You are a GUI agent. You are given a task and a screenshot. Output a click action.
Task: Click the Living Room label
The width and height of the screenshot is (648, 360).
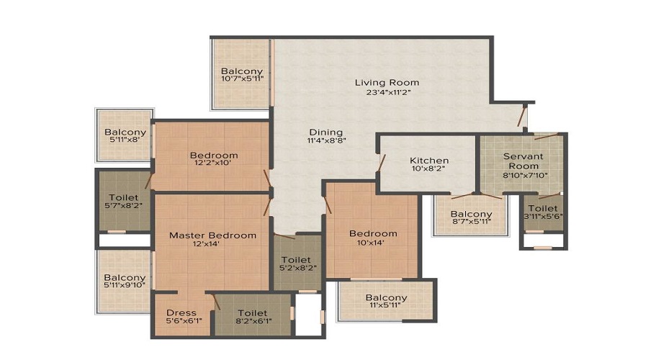pyautogui.click(x=387, y=82)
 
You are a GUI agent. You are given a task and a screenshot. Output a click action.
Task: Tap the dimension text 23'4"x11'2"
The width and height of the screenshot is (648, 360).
pyautogui.click(x=387, y=93)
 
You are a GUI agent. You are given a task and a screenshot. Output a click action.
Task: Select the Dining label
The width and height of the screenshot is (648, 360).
pyautogui.click(x=326, y=132)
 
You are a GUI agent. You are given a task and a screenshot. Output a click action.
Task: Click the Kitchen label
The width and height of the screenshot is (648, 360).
pyautogui.click(x=429, y=160)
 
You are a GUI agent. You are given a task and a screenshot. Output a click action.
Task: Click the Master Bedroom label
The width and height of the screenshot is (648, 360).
pyautogui.click(x=212, y=235)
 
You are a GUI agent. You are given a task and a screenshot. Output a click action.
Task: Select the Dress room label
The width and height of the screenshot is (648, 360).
pyautogui.click(x=181, y=312)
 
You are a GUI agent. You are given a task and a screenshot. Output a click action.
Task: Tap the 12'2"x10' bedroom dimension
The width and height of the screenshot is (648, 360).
pyautogui.click(x=214, y=163)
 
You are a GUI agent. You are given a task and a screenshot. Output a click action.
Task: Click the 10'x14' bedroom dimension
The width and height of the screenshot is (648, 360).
pyautogui.click(x=373, y=244)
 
